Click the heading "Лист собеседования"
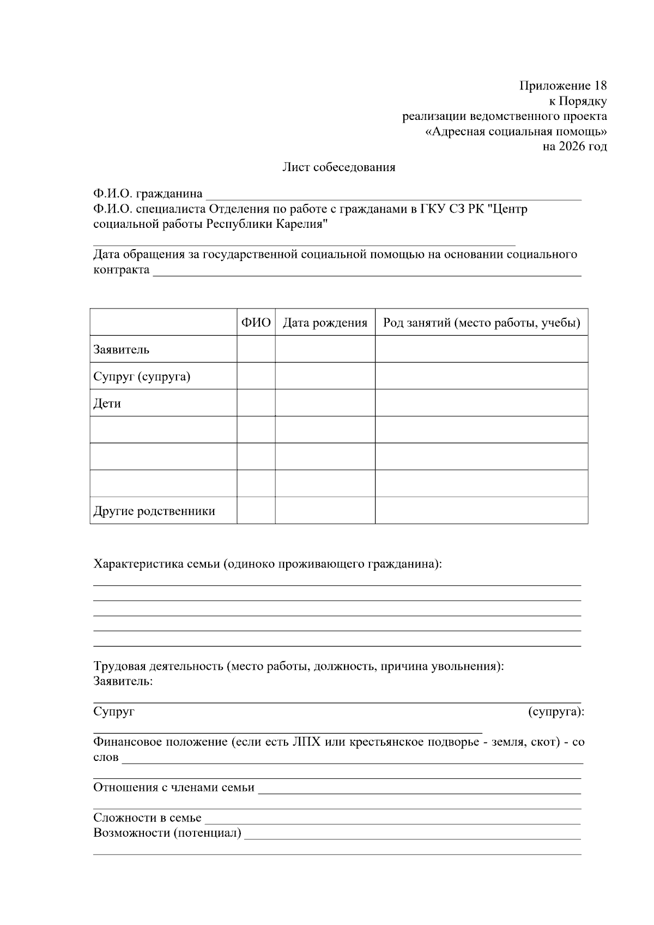(338, 167)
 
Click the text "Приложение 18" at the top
(563, 86)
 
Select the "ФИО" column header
(256, 323)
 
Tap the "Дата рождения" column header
(325, 323)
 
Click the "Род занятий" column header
(481, 323)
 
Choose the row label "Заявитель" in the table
(121, 349)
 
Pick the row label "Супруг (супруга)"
(142, 377)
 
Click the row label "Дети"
(107, 404)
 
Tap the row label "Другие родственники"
(154, 511)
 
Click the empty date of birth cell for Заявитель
(325, 349)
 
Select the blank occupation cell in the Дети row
(481, 403)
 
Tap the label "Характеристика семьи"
(157, 564)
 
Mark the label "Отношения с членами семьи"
(173, 787)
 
